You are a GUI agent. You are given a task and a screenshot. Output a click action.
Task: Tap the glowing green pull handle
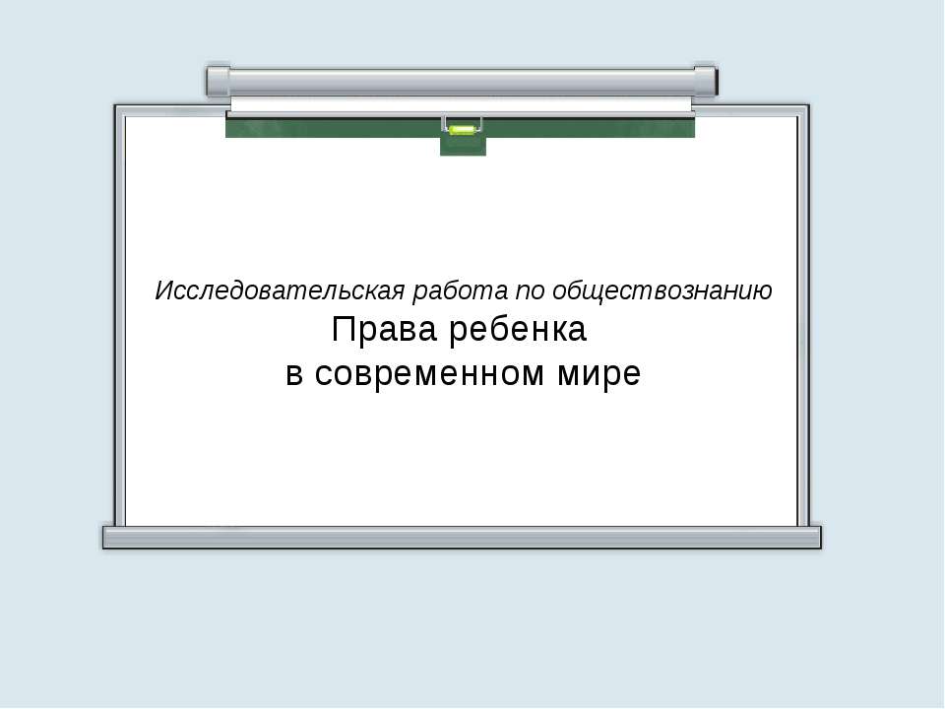[462, 128]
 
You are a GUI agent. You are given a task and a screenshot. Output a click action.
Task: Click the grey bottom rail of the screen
[462, 537]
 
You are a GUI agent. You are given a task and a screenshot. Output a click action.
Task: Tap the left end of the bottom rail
[110, 537]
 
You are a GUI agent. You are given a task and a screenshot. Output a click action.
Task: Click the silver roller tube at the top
[462, 80]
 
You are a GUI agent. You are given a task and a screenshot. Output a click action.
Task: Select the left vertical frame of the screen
[119, 315]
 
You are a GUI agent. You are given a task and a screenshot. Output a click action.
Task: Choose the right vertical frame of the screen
[804, 315]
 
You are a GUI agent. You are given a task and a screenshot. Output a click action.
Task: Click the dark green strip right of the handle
[591, 127]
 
